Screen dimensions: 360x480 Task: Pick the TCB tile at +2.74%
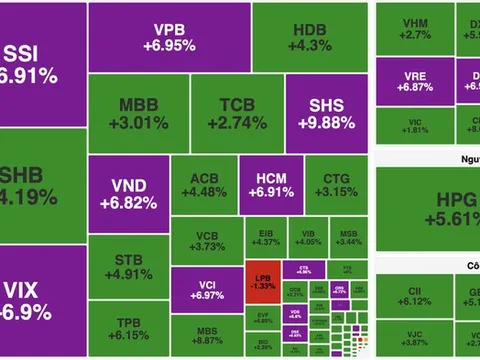237,113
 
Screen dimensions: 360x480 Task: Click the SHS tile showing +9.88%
327,113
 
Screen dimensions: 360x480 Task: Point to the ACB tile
203,186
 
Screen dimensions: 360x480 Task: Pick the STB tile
127,264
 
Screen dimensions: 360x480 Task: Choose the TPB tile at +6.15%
127,327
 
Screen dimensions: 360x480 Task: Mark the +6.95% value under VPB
167,45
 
